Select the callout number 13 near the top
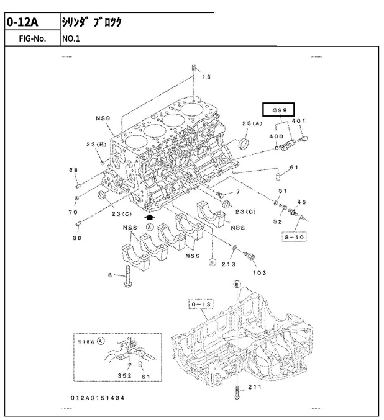coord(206,77)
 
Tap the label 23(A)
coord(252,123)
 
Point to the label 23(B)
coord(96,145)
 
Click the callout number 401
coord(299,121)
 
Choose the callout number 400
coord(276,136)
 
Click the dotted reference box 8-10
coord(294,237)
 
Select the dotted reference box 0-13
coord(201,304)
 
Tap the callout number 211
coord(254,387)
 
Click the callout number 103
coord(260,273)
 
